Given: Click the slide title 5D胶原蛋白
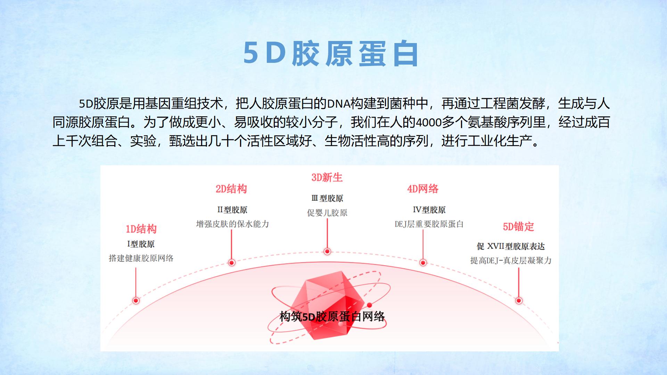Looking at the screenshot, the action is pos(331,54).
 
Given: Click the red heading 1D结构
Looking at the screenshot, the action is pos(141,229).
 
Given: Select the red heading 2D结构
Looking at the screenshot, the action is pos(231,189).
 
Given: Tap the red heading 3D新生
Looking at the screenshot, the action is pos(327,177).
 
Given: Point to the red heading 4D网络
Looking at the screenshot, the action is pos(423,189).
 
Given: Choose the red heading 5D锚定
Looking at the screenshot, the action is pos(518,227).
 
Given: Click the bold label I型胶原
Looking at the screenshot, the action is pos(141,244).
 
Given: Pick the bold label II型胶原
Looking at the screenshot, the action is pos(232,210).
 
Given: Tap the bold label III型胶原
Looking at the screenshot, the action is pos(327,198).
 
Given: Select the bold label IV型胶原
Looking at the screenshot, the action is pos(429,210).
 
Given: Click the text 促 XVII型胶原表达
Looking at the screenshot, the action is pos(511,246).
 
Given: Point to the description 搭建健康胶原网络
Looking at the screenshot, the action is pos(141,258).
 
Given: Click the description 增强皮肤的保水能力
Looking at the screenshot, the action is pos(232,224).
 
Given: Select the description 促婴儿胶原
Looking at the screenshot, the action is pos(327,212).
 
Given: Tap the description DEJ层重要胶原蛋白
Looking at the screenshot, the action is pos(429,224).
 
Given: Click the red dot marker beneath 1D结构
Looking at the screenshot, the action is pos(136,300).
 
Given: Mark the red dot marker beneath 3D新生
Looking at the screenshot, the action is pos(327,251).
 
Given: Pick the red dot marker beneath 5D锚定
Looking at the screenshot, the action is pos(519,300).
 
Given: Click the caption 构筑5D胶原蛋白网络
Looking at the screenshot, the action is pos(332,316).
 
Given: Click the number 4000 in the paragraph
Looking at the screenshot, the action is pos(429,123).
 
